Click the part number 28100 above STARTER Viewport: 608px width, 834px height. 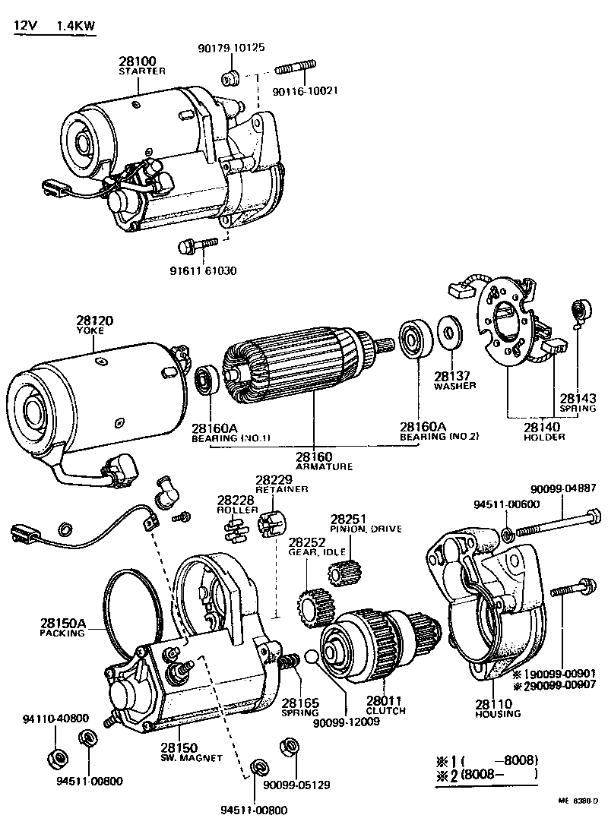point(137,61)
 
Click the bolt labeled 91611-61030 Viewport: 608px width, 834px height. point(189,246)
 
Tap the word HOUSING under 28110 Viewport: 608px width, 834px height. point(498,714)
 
